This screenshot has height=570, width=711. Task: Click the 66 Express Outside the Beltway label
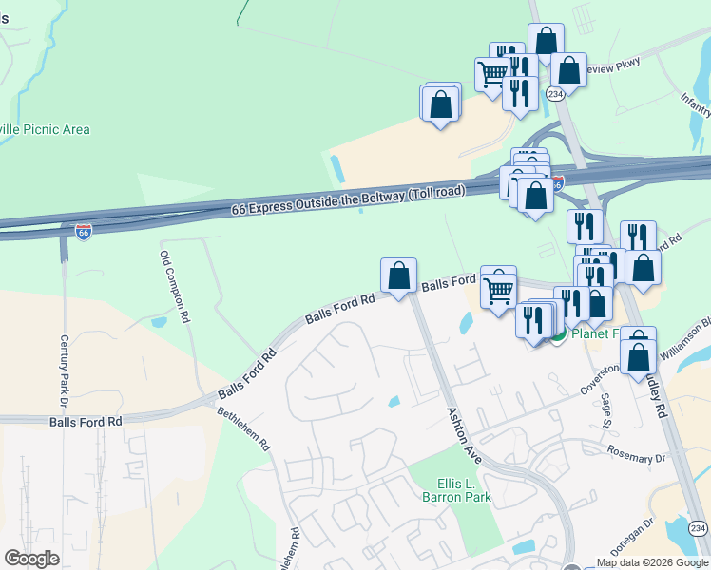pos(348,201)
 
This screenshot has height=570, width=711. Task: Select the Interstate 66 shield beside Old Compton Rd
pos(84,232)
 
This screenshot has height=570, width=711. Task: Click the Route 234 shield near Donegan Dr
pos(698,528)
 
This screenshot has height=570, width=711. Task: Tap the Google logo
pos(31,559)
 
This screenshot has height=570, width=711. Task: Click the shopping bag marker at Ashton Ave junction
pos(399,275)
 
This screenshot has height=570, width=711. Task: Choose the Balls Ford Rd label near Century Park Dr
pos(86,421)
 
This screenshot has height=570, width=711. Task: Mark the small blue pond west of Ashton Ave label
pos(394,402)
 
